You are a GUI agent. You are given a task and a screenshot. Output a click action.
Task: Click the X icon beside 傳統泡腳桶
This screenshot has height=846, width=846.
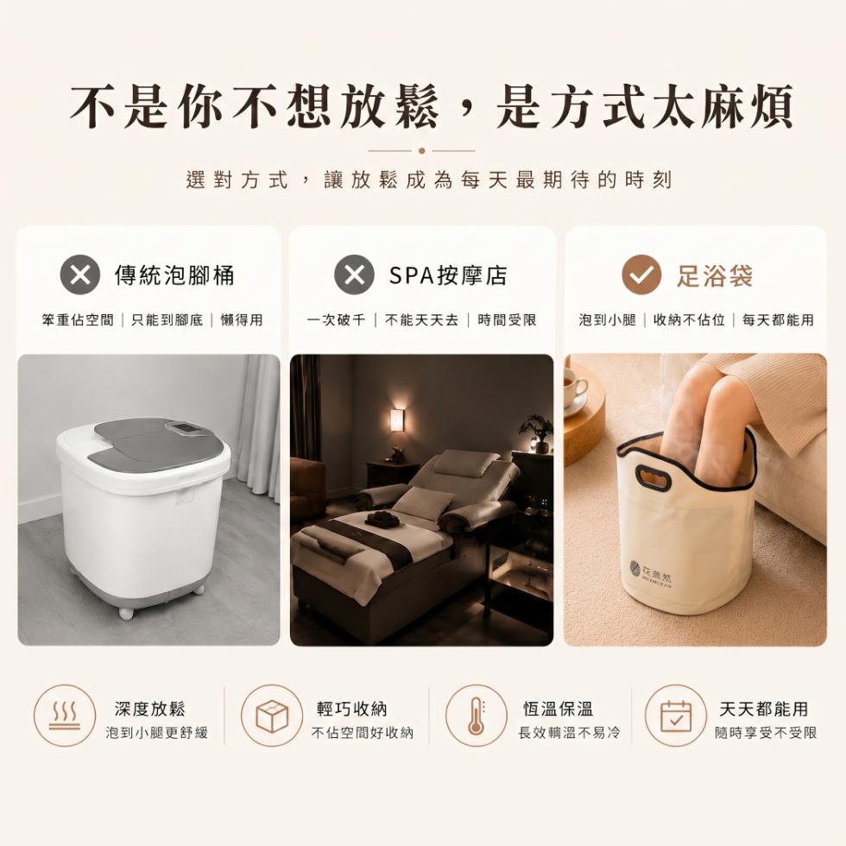(80, 275)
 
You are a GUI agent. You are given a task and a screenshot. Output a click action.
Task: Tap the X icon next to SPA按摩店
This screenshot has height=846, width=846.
(355, 275)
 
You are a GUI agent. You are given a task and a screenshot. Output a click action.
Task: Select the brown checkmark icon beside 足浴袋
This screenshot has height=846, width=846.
(641, 275)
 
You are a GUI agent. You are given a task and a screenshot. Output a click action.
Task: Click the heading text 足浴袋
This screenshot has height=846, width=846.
(715, 275)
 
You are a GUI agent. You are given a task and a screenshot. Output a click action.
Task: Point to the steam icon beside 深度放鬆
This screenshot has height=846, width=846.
(65, 716)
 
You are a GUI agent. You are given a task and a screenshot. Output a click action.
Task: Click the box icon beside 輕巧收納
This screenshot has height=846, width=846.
(272, 716)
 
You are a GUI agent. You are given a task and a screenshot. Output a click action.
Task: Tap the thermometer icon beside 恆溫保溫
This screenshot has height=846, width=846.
(476, 716)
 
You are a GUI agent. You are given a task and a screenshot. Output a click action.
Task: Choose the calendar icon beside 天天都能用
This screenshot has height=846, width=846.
(676, 716)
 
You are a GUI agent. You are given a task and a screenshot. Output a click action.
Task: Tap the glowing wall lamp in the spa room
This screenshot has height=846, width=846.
(398, 420)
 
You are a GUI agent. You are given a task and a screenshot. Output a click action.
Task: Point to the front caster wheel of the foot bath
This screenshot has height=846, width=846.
(126, 612)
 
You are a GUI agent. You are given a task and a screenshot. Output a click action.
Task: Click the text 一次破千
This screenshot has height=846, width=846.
(336, 320)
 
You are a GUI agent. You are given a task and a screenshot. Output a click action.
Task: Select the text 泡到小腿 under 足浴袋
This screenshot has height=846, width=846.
(608, 320)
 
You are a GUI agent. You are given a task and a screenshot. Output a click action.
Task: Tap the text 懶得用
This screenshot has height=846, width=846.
(242, 320)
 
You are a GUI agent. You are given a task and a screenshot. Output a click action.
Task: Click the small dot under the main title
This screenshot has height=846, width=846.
(422, 151)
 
